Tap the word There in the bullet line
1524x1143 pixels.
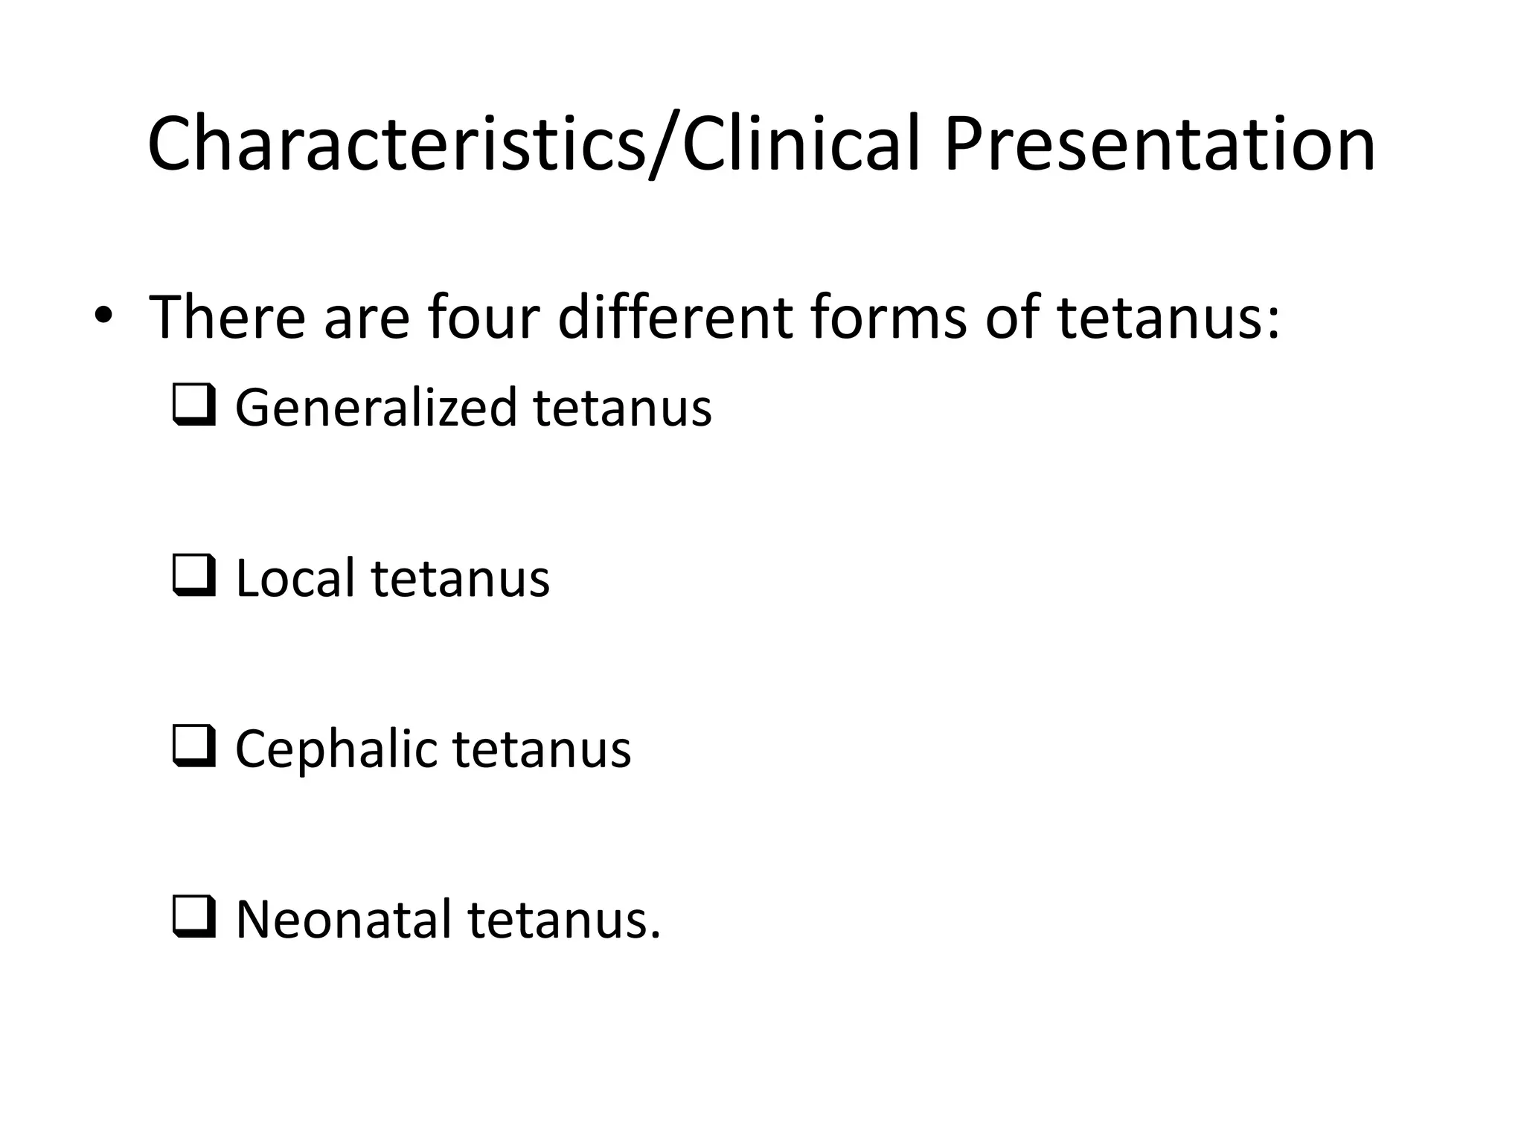pyautogui.click(x=228, y=318)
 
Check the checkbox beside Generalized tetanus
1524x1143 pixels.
pyautogui.click(x=194, y=406)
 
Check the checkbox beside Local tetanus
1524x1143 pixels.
pyautogui.click(x=194, y=576)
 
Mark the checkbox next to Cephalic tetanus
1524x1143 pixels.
pyautogui.click(x=194, y=746)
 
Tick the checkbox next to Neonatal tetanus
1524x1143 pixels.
pyautogui.click(x=194, y=917)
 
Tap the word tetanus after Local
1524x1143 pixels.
pyautogui.click(x=461, y=578)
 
